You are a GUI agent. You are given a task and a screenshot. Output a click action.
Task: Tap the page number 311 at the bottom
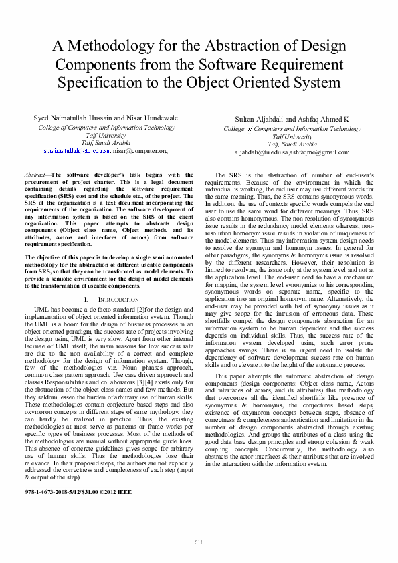click(199, 541)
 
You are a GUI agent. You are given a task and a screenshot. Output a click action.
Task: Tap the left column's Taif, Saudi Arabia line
click(106, 142)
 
